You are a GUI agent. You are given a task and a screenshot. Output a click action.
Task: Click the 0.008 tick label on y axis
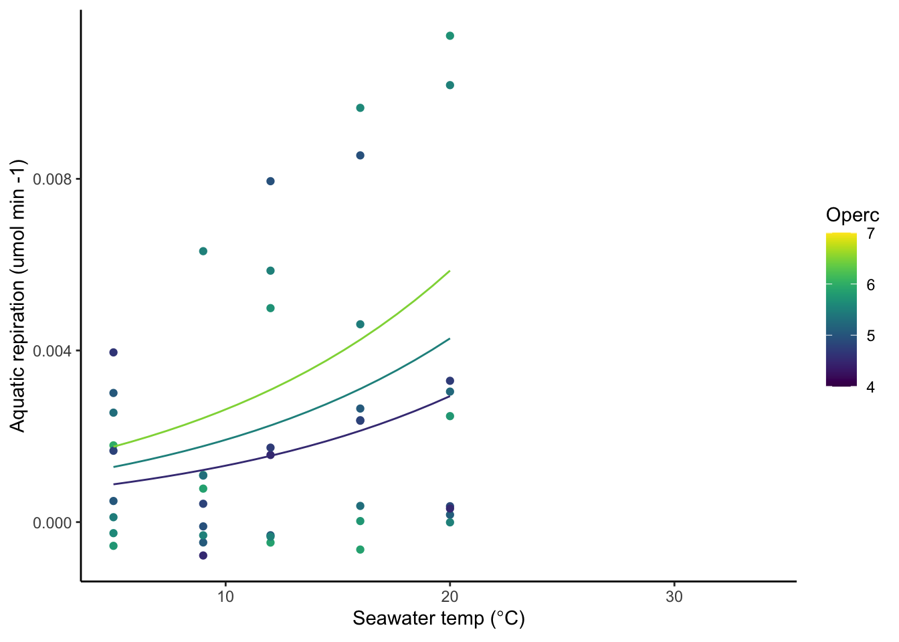click(53, 179)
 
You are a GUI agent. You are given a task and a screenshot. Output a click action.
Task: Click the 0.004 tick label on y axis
click(53, 351)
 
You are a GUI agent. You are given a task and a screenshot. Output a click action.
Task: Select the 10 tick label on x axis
click(225, 597)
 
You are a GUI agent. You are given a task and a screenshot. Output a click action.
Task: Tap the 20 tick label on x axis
click(450, 597)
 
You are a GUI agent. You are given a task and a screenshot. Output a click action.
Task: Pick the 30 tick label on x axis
click(674, 597)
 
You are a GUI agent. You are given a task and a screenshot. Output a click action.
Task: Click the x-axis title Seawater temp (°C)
click(439, 619)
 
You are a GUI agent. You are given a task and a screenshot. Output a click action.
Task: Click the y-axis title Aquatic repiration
click(17, 296)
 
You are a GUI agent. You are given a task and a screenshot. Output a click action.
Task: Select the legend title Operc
click(852, 215)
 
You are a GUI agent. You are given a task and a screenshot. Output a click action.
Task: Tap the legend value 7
click(870, 233)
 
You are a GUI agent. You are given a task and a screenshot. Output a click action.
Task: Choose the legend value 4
click(870, 387)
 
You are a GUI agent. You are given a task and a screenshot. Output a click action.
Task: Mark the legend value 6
click(870, 285)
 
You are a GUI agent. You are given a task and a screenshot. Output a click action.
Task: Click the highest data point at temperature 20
click(450, 36)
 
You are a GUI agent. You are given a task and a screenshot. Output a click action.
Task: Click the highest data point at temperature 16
click(360, 108)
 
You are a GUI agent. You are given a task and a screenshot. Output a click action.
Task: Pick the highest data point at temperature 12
click(270, 181)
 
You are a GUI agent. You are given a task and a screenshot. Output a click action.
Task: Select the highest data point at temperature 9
click(203, 251)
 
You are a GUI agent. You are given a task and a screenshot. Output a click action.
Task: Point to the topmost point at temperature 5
click(113, 352)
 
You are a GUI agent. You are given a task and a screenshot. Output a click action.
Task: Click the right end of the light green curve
click(449, 271)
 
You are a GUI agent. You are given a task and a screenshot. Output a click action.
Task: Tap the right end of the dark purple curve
click(449, 396)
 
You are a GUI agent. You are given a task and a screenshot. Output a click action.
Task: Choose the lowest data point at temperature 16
click(360, 550)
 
